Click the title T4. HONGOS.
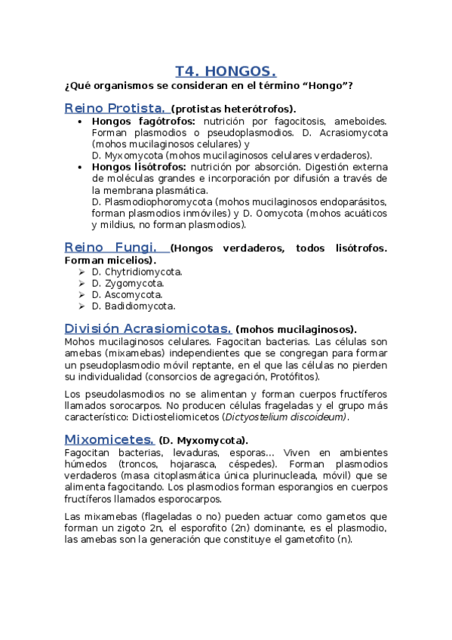pyautogui.click(x=226, y=72)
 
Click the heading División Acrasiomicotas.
pyautogui.click(x=148, y=328)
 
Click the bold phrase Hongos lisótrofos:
pyautogui.click(x=138, y=167)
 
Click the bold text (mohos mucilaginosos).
pyautogui.click(x=297, y=330)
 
